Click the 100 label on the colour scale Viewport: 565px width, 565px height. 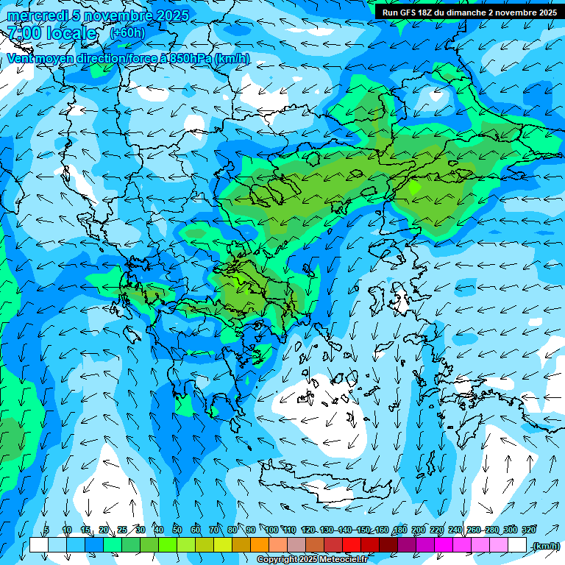point(271,530)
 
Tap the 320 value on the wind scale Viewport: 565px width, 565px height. point(528,530)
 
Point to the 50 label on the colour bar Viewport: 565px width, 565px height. point(177,530)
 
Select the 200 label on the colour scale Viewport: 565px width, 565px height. point(418,530)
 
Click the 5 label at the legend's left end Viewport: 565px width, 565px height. point(46,530)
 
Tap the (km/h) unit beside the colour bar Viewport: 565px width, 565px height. point(546,546)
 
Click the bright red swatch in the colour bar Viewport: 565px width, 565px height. point(352,545)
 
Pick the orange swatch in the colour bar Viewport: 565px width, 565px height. point(260,545)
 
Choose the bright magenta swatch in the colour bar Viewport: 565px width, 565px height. point(444,545)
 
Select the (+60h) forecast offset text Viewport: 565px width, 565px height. point(127,33)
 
